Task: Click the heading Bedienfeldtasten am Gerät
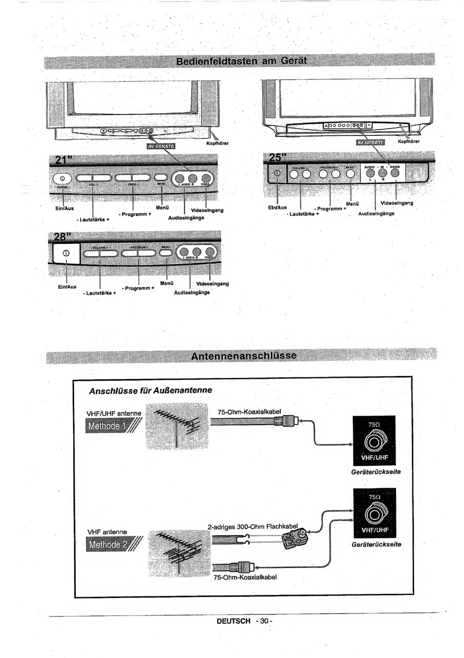(x=241, y=61)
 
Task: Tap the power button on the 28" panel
(x=66, y=253)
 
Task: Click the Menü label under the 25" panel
(x=352, y=204)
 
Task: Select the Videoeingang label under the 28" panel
(x=212, y=284)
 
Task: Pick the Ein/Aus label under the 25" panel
(x=278, y=207)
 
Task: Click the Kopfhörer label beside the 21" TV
(x=218, y=144)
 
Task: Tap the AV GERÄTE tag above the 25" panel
(x=371, y=142)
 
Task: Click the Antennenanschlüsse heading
(x=244, y=355)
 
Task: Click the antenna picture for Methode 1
(x=173, y=425)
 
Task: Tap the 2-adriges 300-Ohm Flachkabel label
(x=253, y=526)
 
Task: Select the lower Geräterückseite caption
(x=376, y=544)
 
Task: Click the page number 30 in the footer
(x=264, y=621)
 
